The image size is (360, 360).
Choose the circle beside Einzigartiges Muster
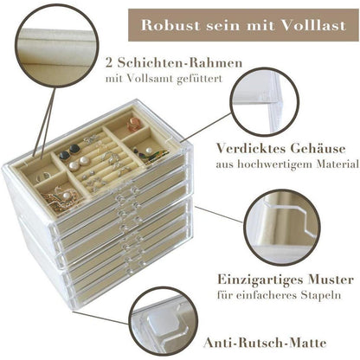click(x=281, y=228)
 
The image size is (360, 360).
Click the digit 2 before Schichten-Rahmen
click(x=107, y=65)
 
